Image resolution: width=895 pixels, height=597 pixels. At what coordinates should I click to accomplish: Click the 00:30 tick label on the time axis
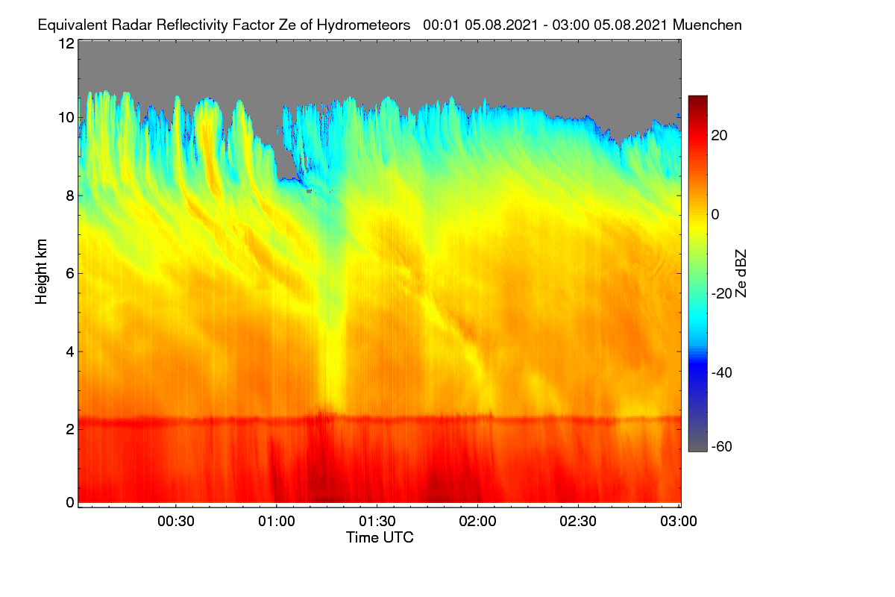[176, 522]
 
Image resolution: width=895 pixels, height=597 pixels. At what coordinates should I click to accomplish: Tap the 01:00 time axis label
[277, 522]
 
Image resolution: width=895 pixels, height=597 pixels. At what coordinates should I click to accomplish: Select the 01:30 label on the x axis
[377, 522]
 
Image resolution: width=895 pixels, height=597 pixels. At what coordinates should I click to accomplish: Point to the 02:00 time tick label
[477, 522]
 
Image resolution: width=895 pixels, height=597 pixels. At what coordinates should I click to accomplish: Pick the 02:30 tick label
[578, 522]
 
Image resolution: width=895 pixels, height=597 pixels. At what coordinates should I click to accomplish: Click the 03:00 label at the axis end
[679, 522]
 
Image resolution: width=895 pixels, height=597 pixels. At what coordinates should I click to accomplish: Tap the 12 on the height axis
[66, 43]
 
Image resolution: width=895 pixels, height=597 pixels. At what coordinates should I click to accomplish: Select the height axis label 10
[66, 118]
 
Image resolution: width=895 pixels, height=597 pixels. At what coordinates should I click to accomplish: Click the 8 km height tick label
[70, 196]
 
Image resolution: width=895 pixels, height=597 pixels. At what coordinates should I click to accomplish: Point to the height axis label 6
[70, 274]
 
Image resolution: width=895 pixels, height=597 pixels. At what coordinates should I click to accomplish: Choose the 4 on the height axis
[70, 352]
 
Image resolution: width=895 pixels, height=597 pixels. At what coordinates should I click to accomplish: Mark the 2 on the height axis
[70, 429]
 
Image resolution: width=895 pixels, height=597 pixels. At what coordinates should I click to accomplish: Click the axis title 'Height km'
[41, 272]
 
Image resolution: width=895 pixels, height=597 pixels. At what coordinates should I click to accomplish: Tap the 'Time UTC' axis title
[380, 537]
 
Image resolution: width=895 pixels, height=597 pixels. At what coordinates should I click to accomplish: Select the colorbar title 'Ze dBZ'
[741, 274]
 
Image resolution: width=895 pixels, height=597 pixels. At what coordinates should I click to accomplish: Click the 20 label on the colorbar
[719, 136]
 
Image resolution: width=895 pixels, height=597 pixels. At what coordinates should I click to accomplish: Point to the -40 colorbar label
[722, 372]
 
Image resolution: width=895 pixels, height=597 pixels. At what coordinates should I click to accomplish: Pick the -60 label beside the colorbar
[722, 446]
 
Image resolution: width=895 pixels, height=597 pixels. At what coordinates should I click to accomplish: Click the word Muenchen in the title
[707, 25]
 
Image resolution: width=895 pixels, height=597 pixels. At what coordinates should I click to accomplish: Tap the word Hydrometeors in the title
[364, 25]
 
